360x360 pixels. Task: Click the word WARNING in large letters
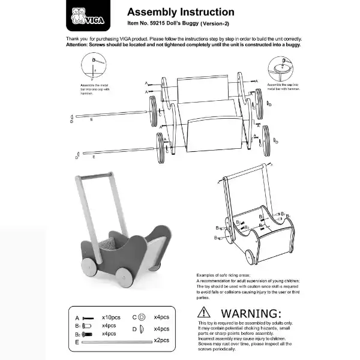[251, 313]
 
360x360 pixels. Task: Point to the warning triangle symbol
[205, 313]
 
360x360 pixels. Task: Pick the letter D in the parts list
[134, 328]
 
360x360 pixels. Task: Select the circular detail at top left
[94, 65]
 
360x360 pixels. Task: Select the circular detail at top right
[280, 68]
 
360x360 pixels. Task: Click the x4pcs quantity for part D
[163, 328]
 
